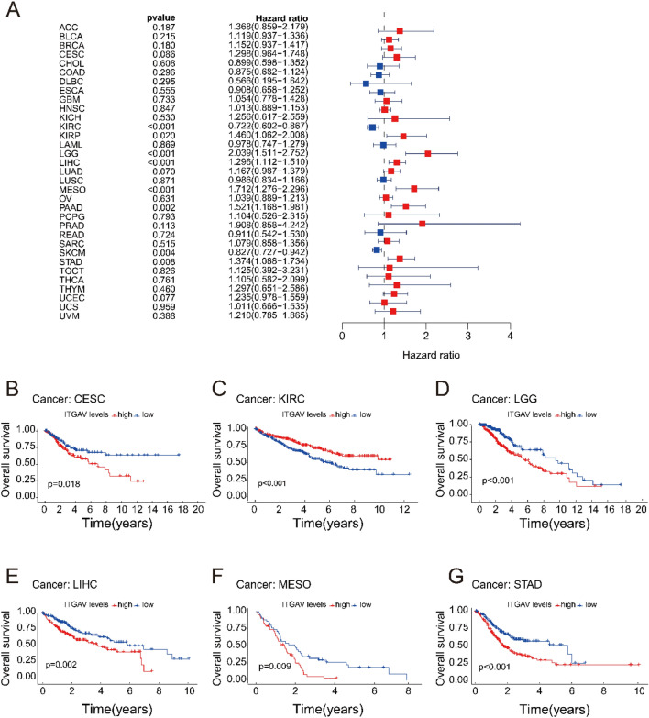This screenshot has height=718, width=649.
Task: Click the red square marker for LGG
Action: click(428, 153)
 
